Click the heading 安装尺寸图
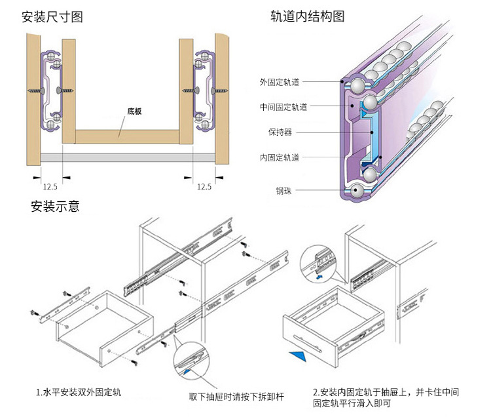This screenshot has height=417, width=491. tap(52, 17)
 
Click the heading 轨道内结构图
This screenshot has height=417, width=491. tap(307, 17)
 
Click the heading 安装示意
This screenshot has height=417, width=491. tap(56, 207)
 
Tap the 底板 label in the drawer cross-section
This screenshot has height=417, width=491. tap(136, 111)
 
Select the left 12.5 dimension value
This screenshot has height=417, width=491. tap(50, 187)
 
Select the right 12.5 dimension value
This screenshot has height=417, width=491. tap(204, 187)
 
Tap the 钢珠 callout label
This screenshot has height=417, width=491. tap(284, 191)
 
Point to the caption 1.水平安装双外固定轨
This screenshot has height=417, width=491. tap(79, 393)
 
